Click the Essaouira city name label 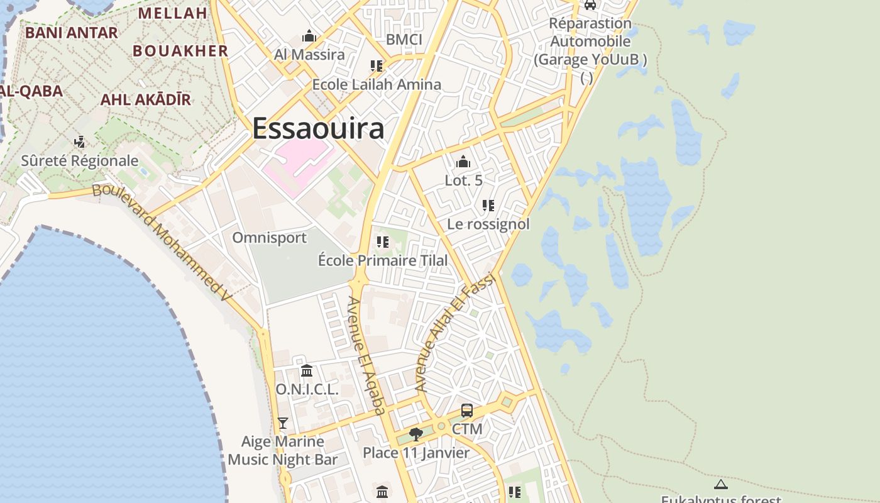pyautogui.click(x=318, y=129)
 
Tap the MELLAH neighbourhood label pyautogui.click(x=172, y=13)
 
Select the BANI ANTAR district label pyautogui.click(x=71, y=33)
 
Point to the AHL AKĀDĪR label pyautogui.click(x=145, y=99)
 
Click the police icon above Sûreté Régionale pyautogui.click(x=80, y=142)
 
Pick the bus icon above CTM pyautogui.click(x=467, y=411)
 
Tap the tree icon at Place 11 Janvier pyautogui.click(x=415, y=434)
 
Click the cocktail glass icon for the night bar pyautogui.click(x=283, y=423)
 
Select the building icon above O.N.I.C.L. pyautogui.click(x=307, y=370)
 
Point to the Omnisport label pyautogui.click(x=269, y=238)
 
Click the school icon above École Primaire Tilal pyautogui.click(x=382, y=241)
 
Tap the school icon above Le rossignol pyautogui.click(x=488, y=206)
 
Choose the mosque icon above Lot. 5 pyautogui.click(x=463, y=162)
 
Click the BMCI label pyautogui.click(x=404, y=40)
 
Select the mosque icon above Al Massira pyautogui.click(x=309, y=36)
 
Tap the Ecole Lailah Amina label pyautogui.click(x=377, y=84)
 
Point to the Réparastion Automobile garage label pyautogui.click(x=590, y=41)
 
